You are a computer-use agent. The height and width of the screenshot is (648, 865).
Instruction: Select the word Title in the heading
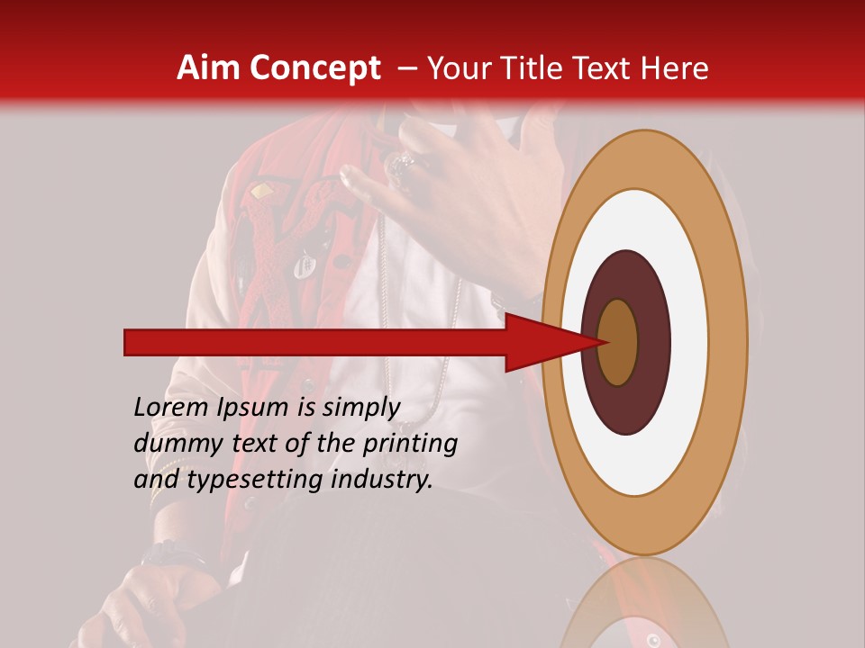tap(533, 68)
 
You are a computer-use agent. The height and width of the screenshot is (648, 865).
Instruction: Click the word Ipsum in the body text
tap(252, 408)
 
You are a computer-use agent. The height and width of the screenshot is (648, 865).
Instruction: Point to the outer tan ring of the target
tap(728, 342)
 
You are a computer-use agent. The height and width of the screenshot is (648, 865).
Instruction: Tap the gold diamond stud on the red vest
tap(261, 191)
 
